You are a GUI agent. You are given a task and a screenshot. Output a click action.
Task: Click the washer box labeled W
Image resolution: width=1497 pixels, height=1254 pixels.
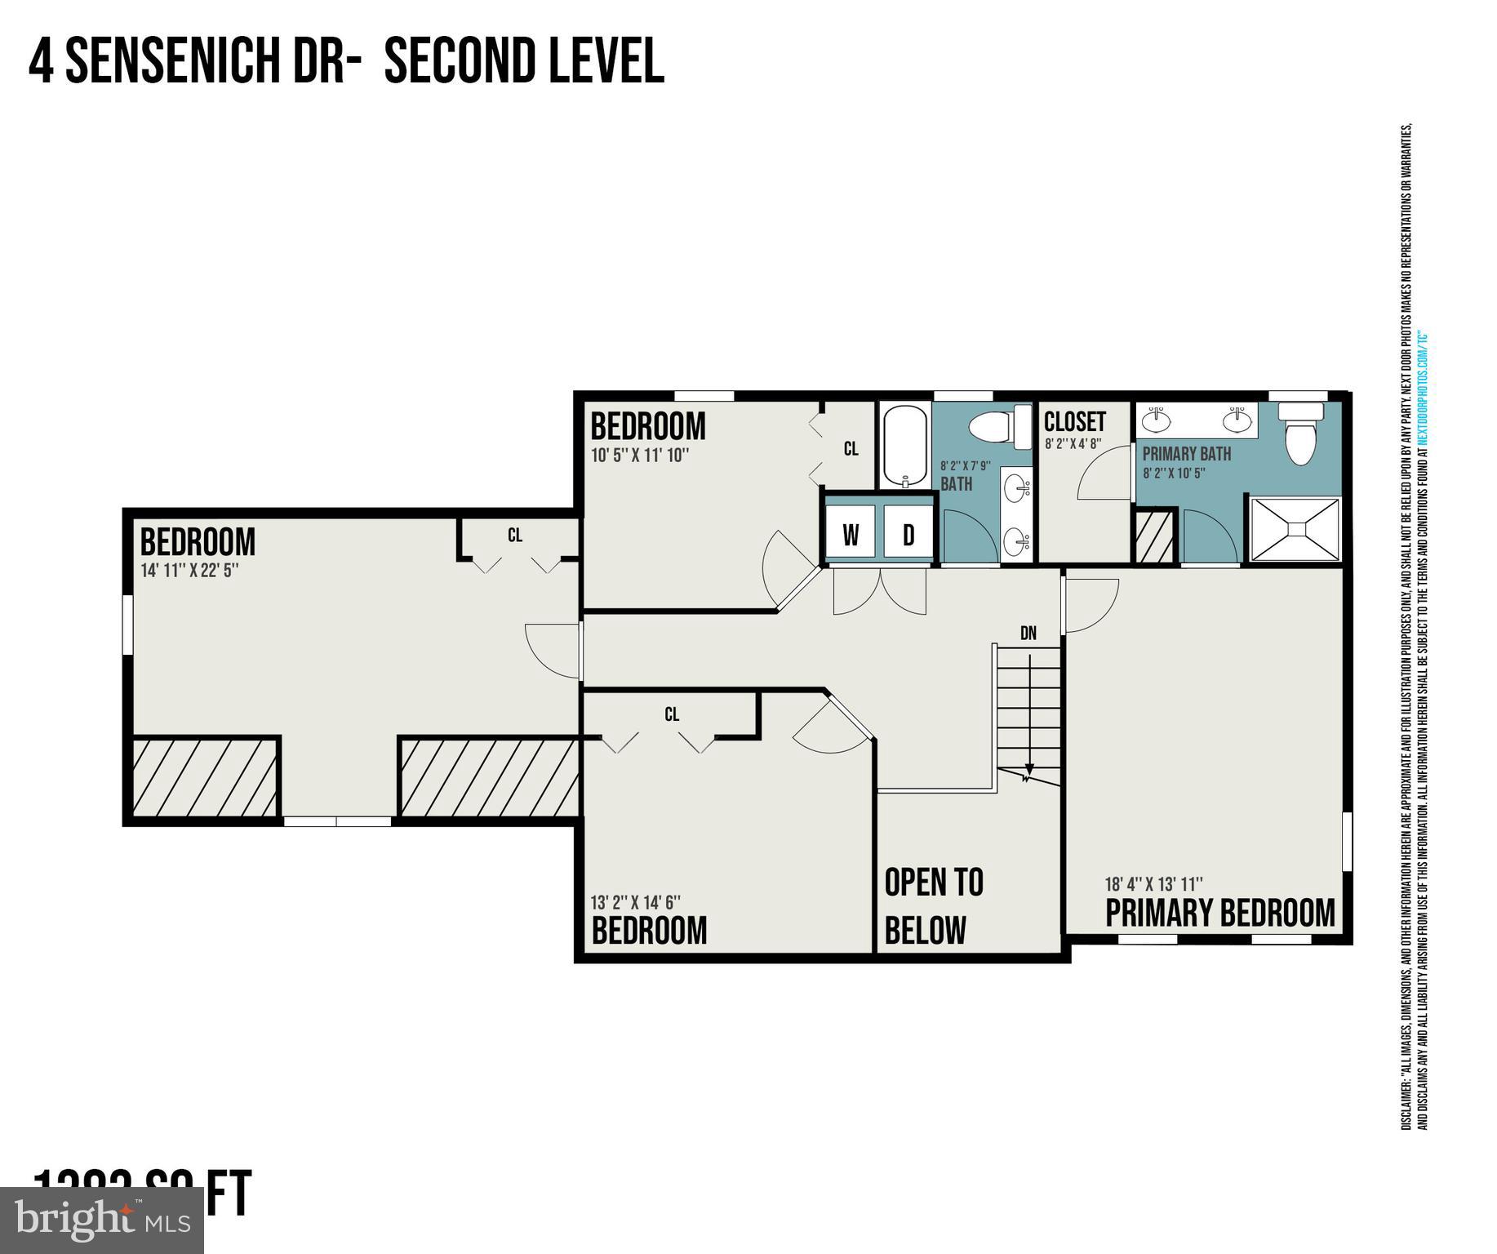pyautogui.click(x=851, y=535)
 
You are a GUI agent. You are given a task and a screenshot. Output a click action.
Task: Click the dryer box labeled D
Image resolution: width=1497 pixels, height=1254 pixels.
pyautogui.click(x=908, y=535)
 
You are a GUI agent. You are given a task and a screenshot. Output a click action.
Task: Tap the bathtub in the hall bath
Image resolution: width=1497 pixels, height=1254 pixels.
pyautogui.click(x=904, y=445)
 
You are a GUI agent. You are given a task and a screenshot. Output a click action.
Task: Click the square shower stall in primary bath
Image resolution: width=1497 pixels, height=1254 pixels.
pyautogui.click(x=1295, y=529)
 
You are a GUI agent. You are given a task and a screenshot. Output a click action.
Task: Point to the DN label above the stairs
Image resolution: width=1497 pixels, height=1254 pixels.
pyautogui.click(x=1028, y=633)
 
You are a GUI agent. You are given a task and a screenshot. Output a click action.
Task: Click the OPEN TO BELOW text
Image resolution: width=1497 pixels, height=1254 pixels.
pyautogui.click(x=933, y=905)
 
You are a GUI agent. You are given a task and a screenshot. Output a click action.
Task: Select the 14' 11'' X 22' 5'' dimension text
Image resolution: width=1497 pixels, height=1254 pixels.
pyautogui.click(x=189, y=571)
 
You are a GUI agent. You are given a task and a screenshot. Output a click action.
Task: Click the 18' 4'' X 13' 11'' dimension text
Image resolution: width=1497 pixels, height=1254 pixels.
pyautogui.click(x=1153, y=884)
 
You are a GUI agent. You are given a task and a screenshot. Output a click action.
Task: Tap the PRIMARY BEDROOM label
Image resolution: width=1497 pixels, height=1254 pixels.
pyautogui.click(x=1219, y=914)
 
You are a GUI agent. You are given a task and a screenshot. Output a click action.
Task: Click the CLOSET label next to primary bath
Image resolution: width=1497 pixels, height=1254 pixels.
pyautogui.click(x=1074, y=422)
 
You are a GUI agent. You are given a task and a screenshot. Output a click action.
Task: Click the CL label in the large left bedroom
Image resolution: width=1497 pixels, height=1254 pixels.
pyautogui.click(x=514, y=536)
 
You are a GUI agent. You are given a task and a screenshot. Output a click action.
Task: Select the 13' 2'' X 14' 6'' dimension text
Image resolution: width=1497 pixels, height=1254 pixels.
pyautogui.click(x=636, y=902)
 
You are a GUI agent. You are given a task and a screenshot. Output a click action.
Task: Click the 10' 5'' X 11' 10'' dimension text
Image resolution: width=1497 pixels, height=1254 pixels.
pyautogui.click(x=641, y=456)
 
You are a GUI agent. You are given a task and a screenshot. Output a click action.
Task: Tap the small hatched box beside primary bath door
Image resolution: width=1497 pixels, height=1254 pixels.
pyautogui.click(x=1154, y=536)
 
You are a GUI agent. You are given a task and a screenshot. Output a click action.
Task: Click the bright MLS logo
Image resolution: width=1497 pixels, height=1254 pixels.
pyautogui.click(x=102, y=1220)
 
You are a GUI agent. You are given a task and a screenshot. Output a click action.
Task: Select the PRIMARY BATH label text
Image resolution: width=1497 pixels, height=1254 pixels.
pyautogui.click(x=1186, y=454)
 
